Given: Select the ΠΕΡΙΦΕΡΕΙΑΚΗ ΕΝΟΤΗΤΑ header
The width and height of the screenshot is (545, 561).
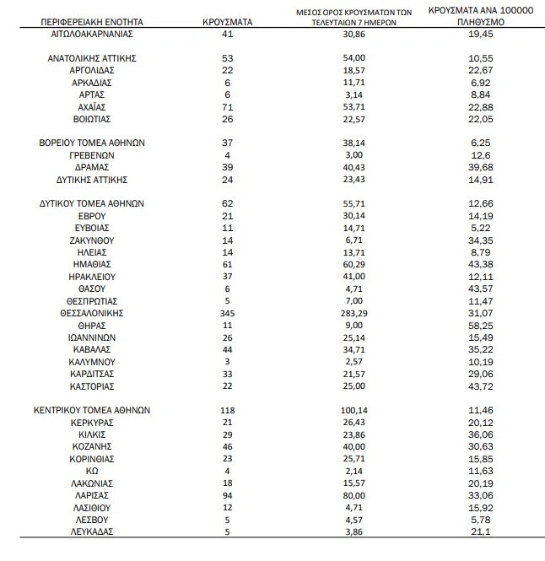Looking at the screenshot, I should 93,20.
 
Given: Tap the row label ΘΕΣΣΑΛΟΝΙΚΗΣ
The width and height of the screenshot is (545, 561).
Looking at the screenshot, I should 93,313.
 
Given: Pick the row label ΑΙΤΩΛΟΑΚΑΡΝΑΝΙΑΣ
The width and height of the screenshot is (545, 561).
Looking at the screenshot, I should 93,34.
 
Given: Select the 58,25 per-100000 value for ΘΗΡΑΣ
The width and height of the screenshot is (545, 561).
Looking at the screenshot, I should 478,325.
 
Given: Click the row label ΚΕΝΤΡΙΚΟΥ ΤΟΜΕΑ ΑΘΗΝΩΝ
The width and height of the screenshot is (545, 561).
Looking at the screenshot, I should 93,410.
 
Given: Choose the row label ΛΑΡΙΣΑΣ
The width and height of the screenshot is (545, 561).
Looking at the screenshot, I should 93,495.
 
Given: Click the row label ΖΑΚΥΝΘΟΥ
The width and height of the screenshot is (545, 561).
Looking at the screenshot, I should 93,240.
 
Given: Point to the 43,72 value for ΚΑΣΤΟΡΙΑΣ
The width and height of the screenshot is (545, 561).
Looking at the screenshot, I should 478,386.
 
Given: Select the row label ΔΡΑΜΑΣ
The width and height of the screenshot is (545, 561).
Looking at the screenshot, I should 93,167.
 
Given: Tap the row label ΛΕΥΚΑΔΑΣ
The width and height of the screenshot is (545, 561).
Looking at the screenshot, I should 93,531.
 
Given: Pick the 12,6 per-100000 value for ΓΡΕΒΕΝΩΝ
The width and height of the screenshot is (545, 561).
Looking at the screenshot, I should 478,155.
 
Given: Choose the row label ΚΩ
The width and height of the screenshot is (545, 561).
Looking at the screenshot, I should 93,471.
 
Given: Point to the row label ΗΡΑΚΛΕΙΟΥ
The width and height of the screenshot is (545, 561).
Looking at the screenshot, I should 93,276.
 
